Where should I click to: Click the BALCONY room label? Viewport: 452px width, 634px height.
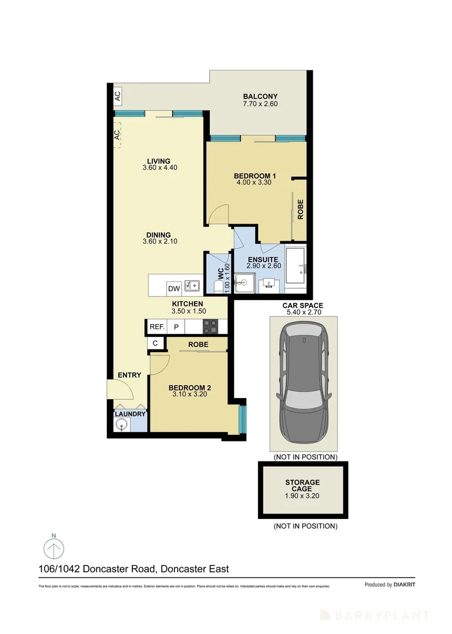259,97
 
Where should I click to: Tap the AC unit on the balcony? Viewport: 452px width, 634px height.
118,95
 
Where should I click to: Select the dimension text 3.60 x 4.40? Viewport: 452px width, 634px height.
160,168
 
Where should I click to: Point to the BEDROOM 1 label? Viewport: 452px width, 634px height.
255,176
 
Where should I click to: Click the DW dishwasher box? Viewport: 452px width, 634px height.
173,288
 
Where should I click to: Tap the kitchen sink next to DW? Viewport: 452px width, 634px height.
192,286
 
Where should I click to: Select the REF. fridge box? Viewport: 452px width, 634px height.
156,327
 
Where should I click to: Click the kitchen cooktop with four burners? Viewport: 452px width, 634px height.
211,327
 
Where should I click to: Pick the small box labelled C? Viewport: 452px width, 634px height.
155,343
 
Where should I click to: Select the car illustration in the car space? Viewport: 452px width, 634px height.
303,384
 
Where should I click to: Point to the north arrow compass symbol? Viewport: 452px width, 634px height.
54,550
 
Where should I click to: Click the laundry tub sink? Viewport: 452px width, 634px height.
122,426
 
